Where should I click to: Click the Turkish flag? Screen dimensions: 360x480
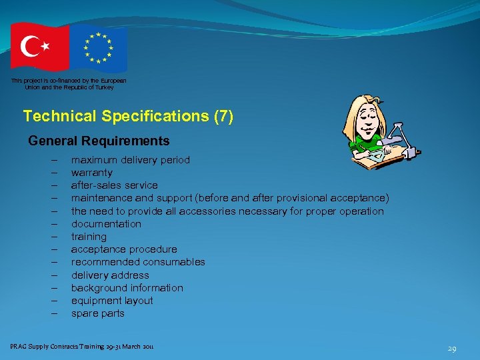point(39,47)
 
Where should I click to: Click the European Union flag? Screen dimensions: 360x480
point(98,48)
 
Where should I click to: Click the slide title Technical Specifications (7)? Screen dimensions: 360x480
point(128,116)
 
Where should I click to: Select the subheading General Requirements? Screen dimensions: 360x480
point(99,141)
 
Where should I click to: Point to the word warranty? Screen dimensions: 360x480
point(92,173)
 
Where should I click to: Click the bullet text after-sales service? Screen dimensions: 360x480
point(115,185)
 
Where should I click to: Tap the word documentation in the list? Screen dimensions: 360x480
point(107,224)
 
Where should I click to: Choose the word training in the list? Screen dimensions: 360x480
point(89,237)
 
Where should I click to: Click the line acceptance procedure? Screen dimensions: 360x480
point(124,249)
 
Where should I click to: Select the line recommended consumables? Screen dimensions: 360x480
point(138,262)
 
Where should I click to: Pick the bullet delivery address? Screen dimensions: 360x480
point(110,275)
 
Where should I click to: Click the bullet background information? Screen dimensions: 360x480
point(127,288)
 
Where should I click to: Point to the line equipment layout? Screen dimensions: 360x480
point(112,301)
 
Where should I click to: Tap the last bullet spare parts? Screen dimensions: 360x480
point(98,313)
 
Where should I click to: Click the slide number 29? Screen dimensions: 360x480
point(451,349)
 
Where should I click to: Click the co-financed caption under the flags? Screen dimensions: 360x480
point(68,83)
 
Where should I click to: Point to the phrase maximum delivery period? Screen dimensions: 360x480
point(131,160)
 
